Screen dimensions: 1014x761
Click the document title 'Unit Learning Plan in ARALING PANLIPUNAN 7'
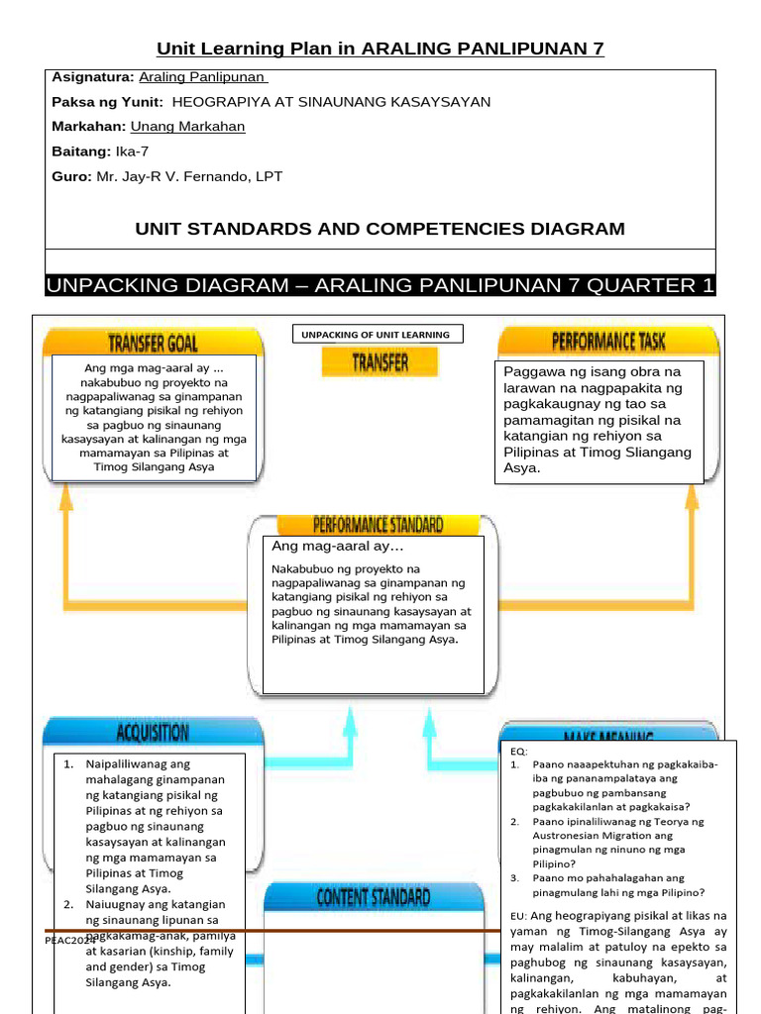pyautogui.click(x=380, y=49)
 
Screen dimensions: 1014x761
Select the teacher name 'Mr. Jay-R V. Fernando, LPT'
pyautogui.click(x=189, y=176)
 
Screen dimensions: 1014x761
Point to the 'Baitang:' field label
pyautogui.click(x=81, y=152)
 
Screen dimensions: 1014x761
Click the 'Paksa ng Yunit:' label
pyautogui.click(x=108, y=102)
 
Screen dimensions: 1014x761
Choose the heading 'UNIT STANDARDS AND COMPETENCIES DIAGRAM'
pyautogui.click(x=380, y=229)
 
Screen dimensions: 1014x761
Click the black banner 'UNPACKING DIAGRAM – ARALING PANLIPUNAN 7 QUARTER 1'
pyautogui.click(x=380, y=286)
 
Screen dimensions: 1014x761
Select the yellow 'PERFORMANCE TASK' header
pyautogui.click(x=608, y=342)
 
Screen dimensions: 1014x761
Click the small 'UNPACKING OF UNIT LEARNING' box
pyautogui.click(x=377, y=335)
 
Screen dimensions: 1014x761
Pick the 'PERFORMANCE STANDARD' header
pyautogui.click(x=378, y=524)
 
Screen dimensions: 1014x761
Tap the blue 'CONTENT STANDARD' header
pyautogui.click(x=373, y=898)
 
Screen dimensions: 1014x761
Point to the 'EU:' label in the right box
pyautogui.click(x=518, y=916)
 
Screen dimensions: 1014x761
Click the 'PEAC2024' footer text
pyautogui.click(x=70, y=940)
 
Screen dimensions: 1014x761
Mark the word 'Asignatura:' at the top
pyautogui.click(x=92, y=77)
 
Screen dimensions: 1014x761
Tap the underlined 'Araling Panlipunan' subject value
pyautogui.click(x=202, y=77)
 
